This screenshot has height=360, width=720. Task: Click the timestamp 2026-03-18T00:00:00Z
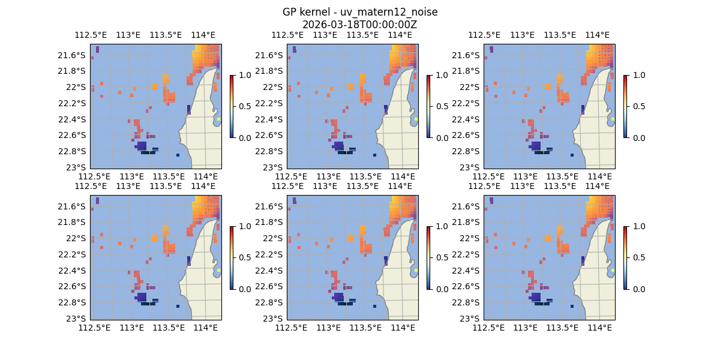click(x=359, y=25)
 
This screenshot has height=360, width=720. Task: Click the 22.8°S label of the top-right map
click(x=469, y=151)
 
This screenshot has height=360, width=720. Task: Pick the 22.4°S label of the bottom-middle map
click(x=272, y=271)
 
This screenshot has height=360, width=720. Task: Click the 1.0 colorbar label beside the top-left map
click(x=244, y=75)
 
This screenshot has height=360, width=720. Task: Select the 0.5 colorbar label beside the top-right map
click(x=637, y=106)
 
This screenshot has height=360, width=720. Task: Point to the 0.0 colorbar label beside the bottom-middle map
click(x=440, y=289)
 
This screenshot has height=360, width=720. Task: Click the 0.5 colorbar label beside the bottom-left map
click(x=244, y=257)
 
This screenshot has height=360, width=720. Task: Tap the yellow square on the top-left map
click(x=219, y=119)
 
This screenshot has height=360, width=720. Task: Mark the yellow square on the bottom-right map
click(x=613, y=270)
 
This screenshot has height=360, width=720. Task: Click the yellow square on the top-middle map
click(x=416, y=119)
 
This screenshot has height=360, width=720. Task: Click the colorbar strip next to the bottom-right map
click(x=625, y=257)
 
